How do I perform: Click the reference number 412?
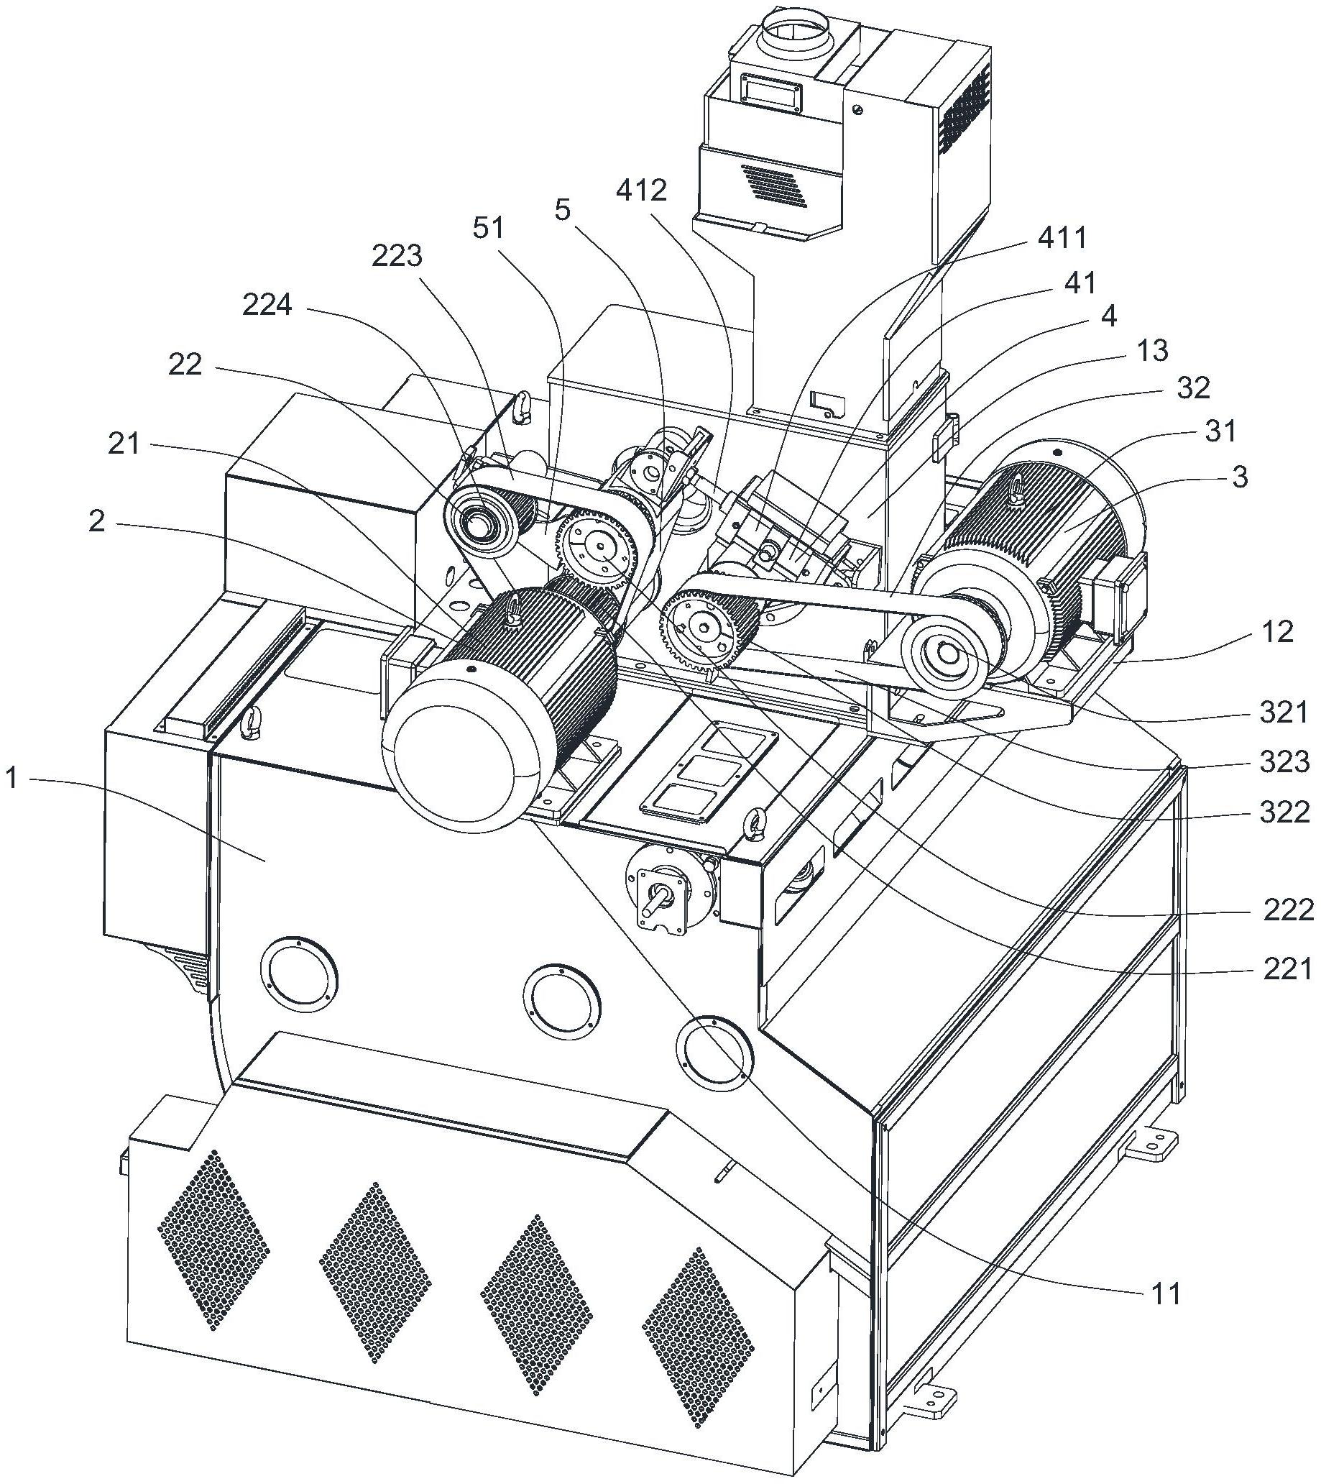pos(642,193)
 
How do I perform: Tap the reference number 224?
pos(267,306)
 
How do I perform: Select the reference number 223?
pos(396,256)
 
